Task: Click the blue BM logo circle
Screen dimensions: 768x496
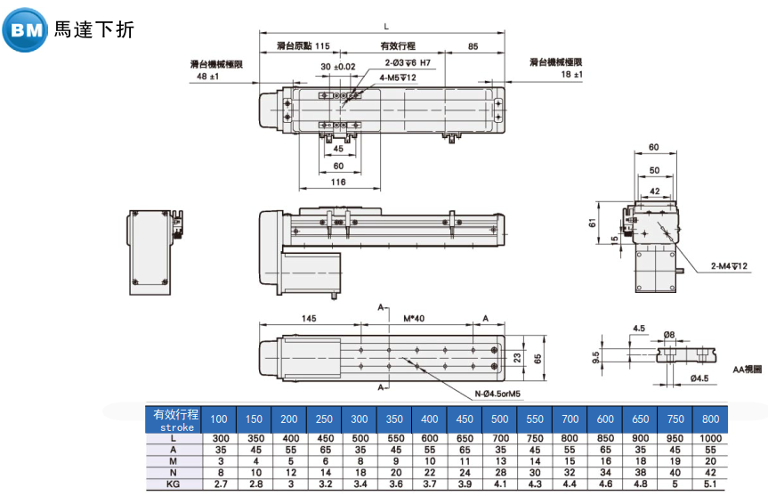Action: point(25,30)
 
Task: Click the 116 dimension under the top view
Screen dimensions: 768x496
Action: point(338,182)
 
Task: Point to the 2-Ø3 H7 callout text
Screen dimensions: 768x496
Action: point(408,62)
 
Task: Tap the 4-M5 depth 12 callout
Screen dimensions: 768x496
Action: point(398,77)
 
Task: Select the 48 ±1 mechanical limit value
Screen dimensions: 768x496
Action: point(207,76)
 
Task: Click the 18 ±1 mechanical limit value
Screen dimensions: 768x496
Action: point(571,75)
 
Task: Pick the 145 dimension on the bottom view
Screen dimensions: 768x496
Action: point(309,319)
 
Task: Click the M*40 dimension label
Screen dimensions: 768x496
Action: point(414,319)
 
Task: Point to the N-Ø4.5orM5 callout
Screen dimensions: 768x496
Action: point(497,394)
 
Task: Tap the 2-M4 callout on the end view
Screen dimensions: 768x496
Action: point(729,266)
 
